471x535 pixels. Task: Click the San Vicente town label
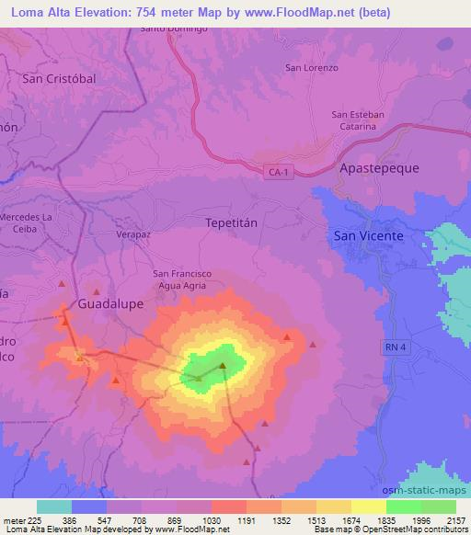click(x=368, y=235)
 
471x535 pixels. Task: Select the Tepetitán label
click(x=228, y=222)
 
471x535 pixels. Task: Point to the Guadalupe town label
click(x=110, y=302)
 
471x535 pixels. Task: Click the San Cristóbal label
click(x=59, y=79)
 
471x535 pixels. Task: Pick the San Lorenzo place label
click(x=312, y=68)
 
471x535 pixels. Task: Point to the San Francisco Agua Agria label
click(x=185, y=279)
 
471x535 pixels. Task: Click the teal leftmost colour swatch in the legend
click(x=54, y=507)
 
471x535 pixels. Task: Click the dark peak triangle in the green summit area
click(x=223, y=366)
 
